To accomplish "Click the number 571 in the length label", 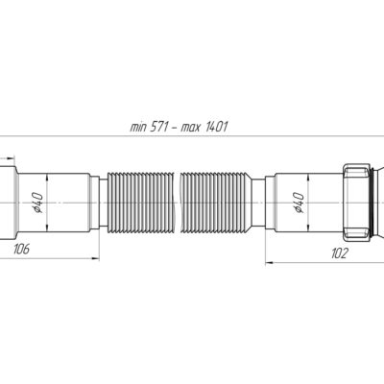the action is (x=158, y=127).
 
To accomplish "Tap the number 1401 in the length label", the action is (x=216, y=127).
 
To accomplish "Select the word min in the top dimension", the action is (x=138, y=127).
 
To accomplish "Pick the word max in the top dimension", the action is (x=191, y=128).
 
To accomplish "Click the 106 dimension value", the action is (x=21, y=249).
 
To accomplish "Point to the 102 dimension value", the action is (x=339, y=253).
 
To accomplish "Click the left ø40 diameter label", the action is (x=37, y=203).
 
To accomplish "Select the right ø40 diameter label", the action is (x=299, y=203).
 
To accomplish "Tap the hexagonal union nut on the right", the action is (x=356, y=203).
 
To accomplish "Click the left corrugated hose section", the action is (x=141, y=203).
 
